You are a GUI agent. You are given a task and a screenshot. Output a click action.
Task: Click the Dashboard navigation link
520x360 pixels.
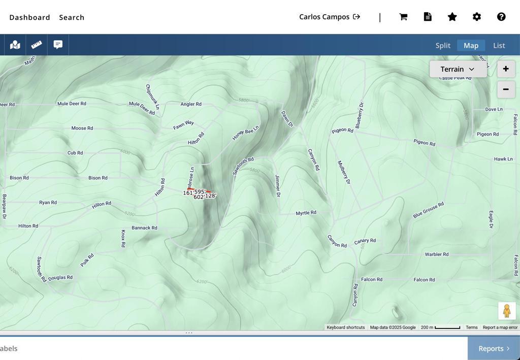click(x=29, y=17)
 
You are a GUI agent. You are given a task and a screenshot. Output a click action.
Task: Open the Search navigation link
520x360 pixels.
click(x=72, y=17)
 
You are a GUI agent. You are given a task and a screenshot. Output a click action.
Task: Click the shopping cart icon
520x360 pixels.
click(x=403, y=17)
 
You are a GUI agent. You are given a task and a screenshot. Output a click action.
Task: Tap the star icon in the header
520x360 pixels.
click(x=452, y=17)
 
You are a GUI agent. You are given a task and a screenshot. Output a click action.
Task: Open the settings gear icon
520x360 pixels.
click(x=476, y=17)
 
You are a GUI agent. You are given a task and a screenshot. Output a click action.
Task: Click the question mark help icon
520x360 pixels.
click(x=501, y=17)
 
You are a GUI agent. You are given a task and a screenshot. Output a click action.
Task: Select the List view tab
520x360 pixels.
click(x=499, y=45)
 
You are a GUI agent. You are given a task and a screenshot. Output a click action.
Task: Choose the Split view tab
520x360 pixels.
click(x=443, y=45)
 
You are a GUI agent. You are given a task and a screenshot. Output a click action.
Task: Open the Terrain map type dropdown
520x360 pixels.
click(x=458, y=69)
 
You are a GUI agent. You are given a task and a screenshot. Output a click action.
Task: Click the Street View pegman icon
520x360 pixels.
click(x=506, y=311)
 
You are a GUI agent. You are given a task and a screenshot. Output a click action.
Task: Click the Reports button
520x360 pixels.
click(x=494, y=348)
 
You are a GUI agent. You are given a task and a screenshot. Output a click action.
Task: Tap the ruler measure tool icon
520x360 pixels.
click(x=37, y=45)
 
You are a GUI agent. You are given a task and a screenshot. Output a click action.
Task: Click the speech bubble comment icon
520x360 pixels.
click(x=58, y=45)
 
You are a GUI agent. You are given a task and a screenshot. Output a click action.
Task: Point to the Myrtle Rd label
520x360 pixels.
click(x=306, y=213)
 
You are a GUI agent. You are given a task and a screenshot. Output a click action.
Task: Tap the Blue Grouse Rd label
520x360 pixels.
click(x=429, y=210)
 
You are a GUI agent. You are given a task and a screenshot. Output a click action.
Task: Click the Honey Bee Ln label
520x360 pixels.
click(x=246, y=134)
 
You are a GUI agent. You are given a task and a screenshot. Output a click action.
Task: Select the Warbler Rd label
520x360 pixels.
click(x=437, y=254)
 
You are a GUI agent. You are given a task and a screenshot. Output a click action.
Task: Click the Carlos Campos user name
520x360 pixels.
click(x=324, y=17)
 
